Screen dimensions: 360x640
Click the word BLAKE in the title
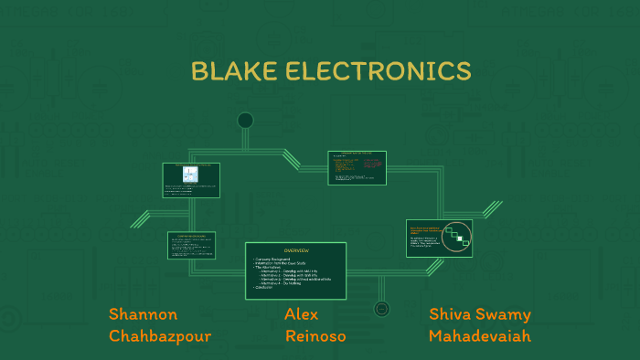[232, 70]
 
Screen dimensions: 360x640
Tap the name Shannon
[143, 314]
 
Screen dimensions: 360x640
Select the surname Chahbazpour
[160, 336]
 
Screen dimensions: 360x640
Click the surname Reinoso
[315, 336]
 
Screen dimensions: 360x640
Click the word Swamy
[506, 315]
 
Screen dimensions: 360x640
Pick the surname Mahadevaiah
[479, 336]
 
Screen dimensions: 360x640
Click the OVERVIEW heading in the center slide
[295, 250]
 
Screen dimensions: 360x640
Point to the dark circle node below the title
[245, 121]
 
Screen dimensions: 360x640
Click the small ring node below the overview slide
[382, 309]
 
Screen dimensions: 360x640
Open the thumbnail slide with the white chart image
[191, 180]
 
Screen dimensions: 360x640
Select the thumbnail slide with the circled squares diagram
[439, 238]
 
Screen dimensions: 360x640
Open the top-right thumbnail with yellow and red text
[357, 167]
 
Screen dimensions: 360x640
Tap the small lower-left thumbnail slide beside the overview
[191, 244]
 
